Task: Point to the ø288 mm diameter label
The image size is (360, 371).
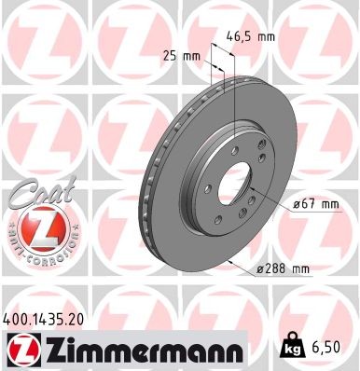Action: pos(283,269)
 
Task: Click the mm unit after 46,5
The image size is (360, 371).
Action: pos(266,38)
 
